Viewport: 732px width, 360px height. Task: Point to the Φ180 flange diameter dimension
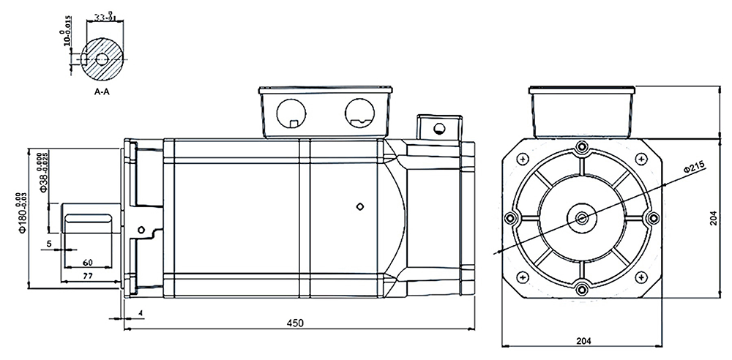coord(22,213)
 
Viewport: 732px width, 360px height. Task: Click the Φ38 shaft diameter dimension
coord(42,173)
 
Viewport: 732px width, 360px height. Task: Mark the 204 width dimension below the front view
coord(583,340)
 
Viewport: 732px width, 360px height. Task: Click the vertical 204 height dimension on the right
coord(714,218)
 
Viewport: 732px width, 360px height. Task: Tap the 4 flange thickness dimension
coord(140,313)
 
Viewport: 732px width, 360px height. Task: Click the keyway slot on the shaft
coord(87,218)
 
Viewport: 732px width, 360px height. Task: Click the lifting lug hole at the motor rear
coord(438,130)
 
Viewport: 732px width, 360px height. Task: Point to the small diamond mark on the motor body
coord(359,207)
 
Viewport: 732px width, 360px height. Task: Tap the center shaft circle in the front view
coord(582,217)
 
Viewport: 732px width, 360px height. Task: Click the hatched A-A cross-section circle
coord(102,59)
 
